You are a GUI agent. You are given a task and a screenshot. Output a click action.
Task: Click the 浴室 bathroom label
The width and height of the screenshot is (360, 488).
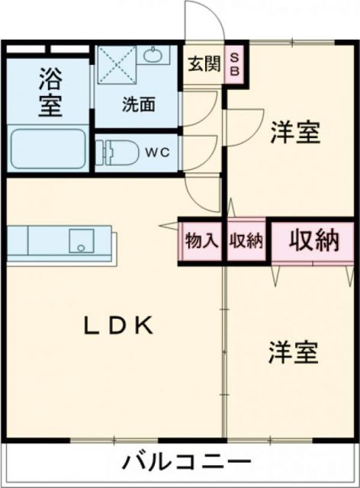click(50, 93)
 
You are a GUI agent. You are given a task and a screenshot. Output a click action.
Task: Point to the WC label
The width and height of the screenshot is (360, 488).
click(159, 151)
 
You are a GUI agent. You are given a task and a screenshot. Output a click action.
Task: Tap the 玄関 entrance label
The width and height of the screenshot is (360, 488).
click(204, 64)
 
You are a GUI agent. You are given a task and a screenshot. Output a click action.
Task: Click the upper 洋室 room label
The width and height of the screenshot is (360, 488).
click(294, 132)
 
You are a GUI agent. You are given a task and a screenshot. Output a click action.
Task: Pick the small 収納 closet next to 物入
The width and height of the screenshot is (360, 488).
click(246, 241)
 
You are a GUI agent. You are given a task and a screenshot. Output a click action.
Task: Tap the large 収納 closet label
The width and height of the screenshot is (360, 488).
click(313, 241)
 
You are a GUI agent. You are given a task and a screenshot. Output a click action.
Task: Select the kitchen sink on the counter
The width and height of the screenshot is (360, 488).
click(79, 241)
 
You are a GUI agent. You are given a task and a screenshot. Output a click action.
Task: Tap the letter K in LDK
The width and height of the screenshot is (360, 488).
click(145, 326)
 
